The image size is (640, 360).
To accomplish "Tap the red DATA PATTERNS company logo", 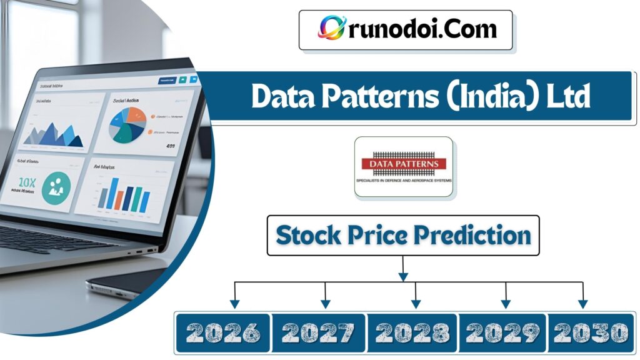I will (x=404, y=164).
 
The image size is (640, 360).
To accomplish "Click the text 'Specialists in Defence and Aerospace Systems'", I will (x=404, y=181).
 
